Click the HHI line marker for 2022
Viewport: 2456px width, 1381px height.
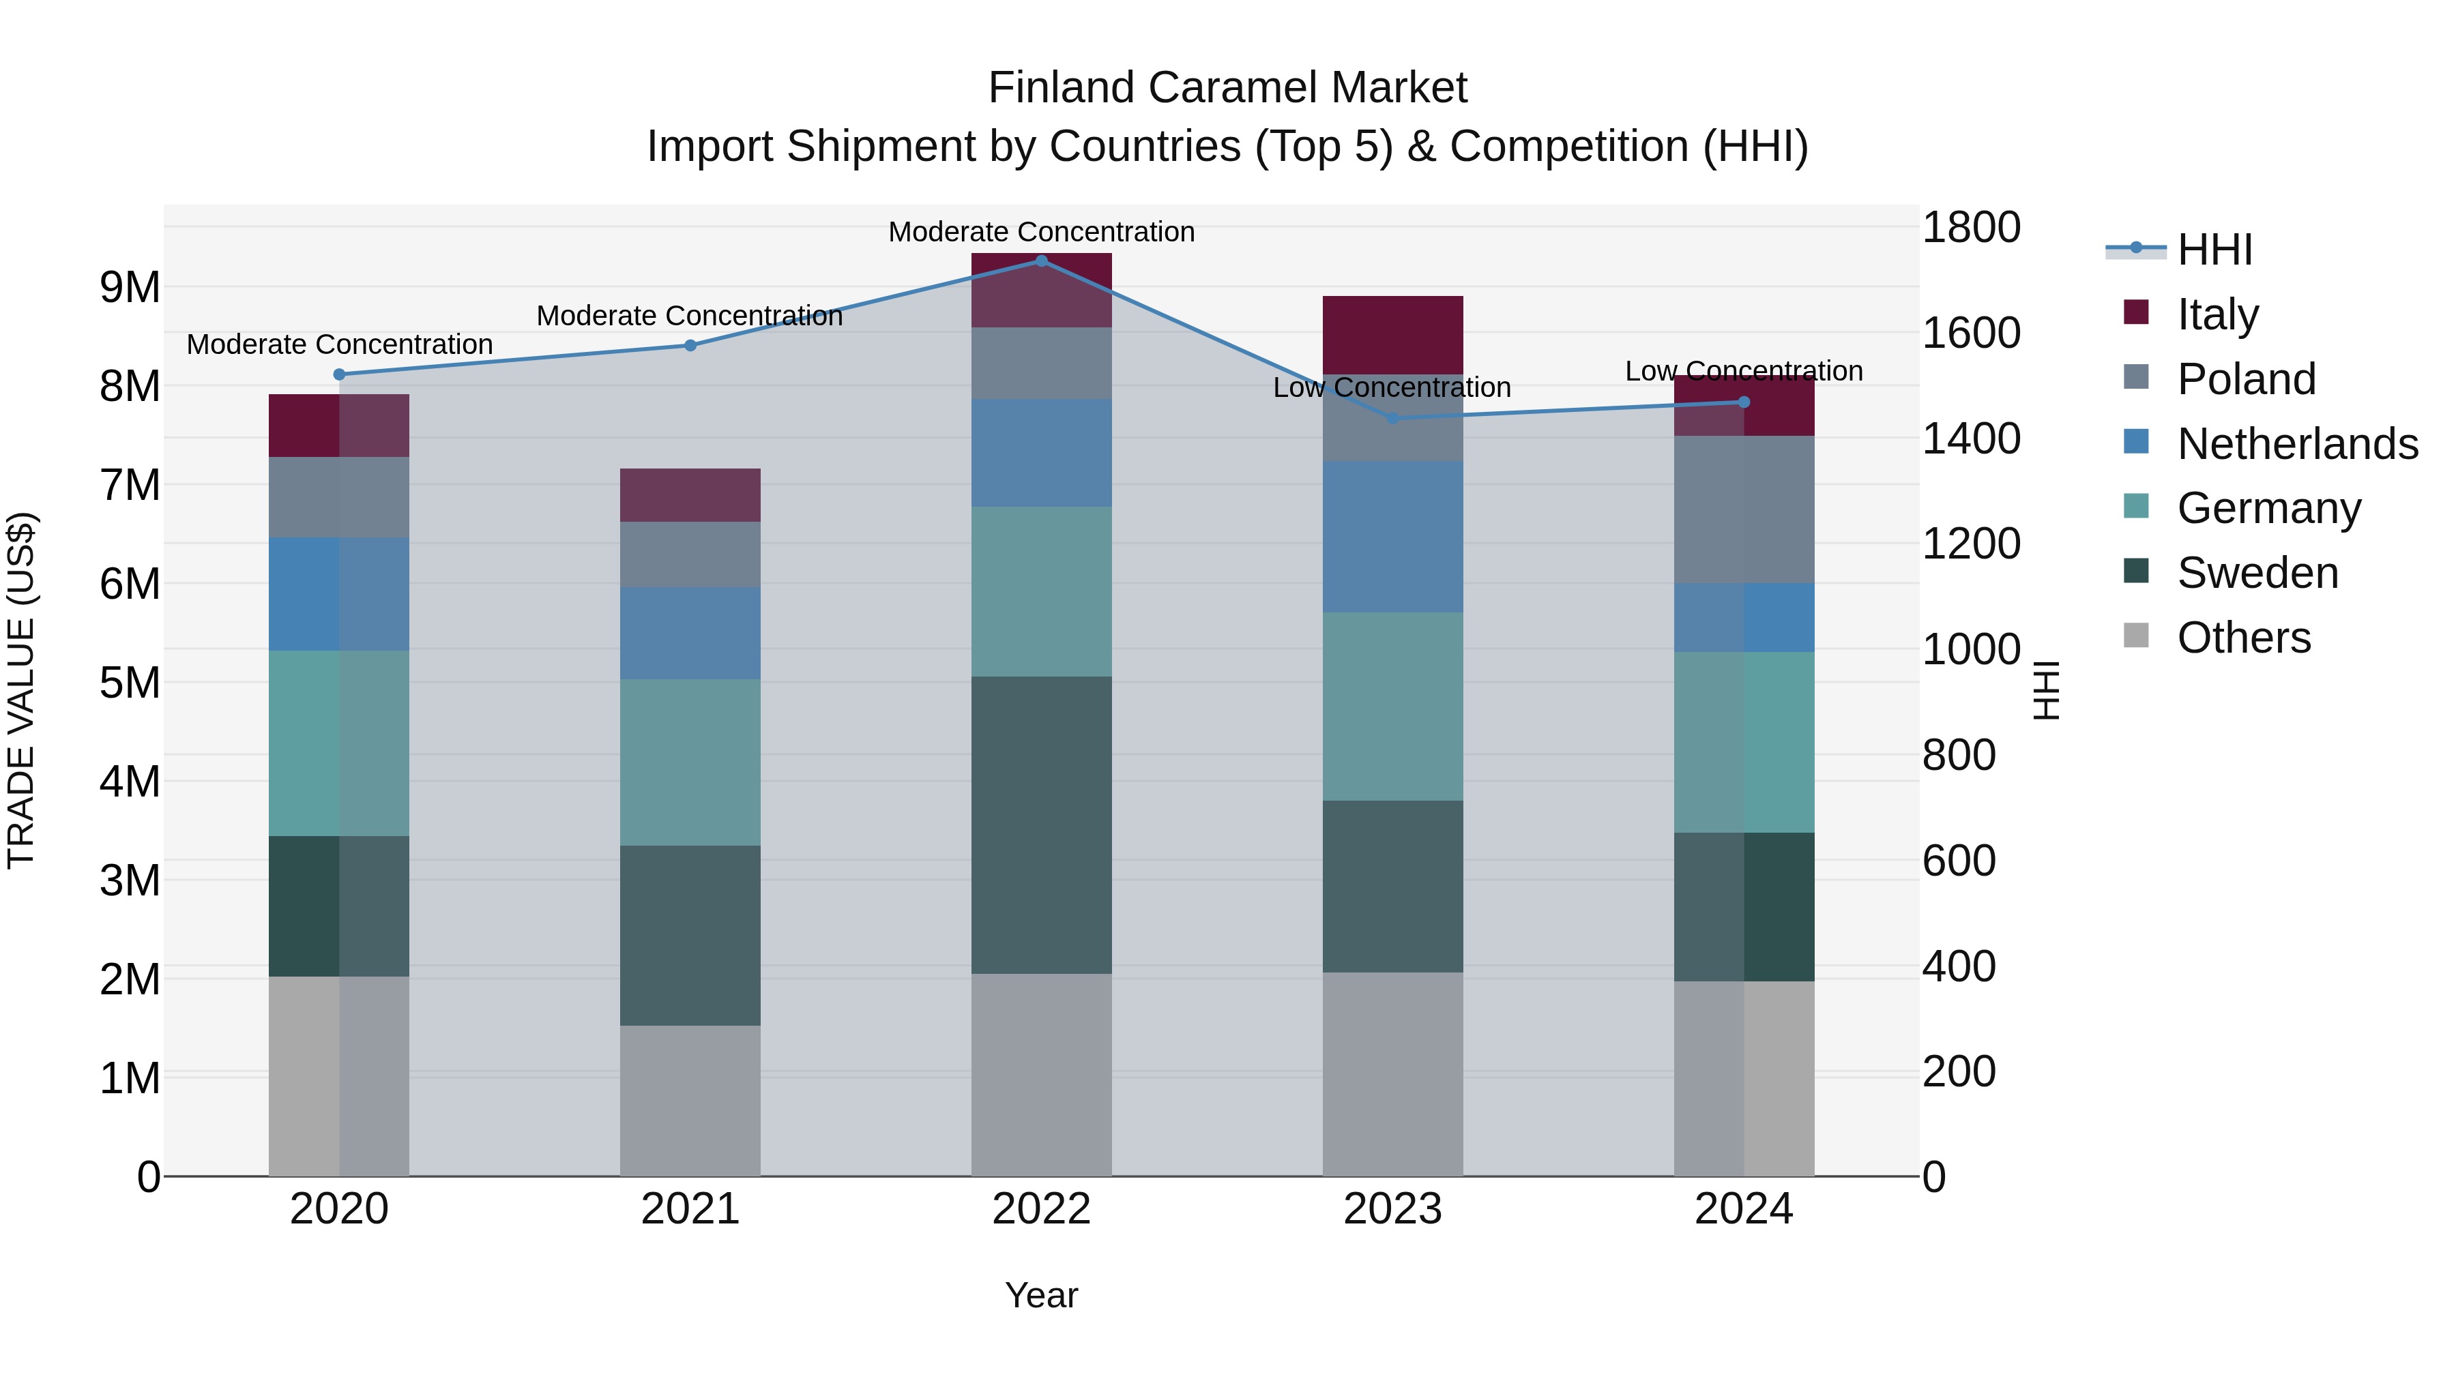coord(1041,261)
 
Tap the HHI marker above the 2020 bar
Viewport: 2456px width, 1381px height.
coord(340,374)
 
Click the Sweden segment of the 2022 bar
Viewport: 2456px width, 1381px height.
coord(1041,825)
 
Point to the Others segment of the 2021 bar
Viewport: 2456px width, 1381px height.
coord(690,1100)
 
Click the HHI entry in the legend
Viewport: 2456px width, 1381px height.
coord(2214,249)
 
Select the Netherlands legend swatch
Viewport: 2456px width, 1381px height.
coord(2137,442)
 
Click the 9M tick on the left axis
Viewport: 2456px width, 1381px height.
coord(130,287)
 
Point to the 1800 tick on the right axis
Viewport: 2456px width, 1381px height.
coord(1970,228)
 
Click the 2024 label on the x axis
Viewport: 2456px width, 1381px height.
coord(1743,1208)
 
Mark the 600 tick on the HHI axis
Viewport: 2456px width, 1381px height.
coord(1958,860)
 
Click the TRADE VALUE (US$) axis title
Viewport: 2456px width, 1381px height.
coord(22,690)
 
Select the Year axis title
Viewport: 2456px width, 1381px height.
coord(1041,1295)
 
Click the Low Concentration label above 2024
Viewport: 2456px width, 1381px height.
coord(1743,371)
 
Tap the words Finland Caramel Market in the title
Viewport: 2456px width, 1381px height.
coord(1227,88)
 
